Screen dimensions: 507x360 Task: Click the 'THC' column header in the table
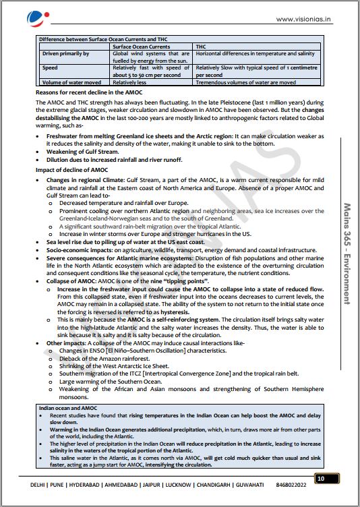pyautogui.click(x=200, y=47)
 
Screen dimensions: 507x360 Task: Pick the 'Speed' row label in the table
pyautogui.click(x=51, y=68)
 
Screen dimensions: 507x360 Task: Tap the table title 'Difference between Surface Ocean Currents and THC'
pyautogui.click(x=102, y=40)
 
